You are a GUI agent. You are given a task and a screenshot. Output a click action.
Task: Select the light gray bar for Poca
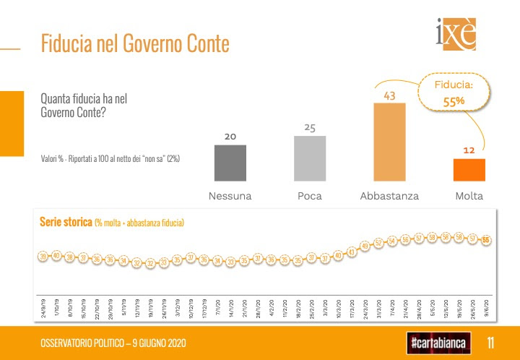(x=309, y=158)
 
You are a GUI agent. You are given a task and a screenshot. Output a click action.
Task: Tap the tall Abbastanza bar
(x=389, y=141)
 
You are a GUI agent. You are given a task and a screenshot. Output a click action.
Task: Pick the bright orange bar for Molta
(x=469, y=169)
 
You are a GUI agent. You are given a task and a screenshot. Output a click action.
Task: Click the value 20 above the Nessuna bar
(x=230, y=136)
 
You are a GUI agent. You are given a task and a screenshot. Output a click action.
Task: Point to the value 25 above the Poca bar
(x=310, y=128)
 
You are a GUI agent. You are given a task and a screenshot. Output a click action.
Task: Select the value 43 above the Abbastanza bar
(x=389, y=95)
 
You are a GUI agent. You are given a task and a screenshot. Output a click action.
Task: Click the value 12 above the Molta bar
(x=468, y=150)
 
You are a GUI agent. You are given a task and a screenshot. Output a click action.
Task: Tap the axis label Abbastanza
(x=389, y=196)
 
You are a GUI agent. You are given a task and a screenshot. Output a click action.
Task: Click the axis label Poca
(x=310, y=196)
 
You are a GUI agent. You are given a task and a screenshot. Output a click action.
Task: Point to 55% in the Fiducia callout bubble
(x=453, y=101)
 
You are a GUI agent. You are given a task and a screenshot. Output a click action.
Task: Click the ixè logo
(x=456, y=35)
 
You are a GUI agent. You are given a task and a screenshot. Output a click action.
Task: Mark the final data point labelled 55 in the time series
(x=486, y=240)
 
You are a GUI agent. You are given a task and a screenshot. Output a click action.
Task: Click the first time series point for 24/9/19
(x=44, y=257)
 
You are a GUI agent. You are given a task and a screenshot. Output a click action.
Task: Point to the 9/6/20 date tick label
(x=486, y=309)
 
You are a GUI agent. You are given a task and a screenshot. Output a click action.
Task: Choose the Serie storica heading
(x=65, y=223)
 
